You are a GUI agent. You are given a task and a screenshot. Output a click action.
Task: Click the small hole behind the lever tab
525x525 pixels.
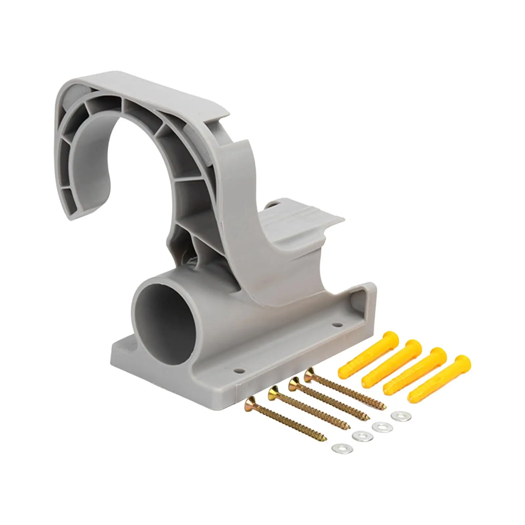pos(273,205)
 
